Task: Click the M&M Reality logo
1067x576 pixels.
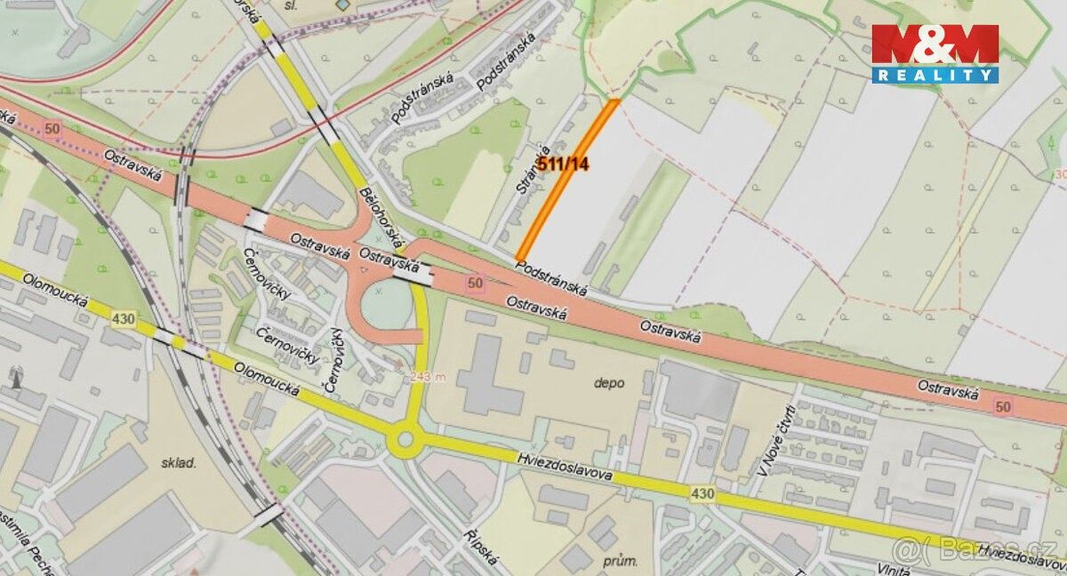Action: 935,53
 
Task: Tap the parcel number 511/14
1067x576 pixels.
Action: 563,164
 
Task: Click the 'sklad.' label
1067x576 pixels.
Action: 178,463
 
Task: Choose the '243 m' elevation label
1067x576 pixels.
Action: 429,377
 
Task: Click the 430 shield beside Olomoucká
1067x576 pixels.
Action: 123,319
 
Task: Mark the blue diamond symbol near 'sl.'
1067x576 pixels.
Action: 344,4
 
